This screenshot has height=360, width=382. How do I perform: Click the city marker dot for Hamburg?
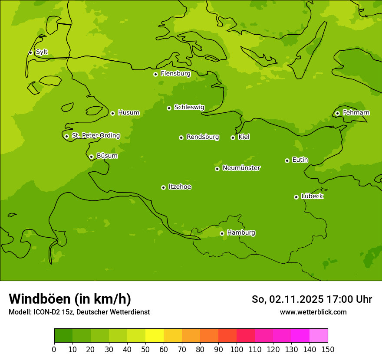click(x=222, y=233)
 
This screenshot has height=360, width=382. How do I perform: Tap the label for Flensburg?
click(x=175, y=74)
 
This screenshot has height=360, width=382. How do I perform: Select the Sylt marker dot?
click(x=30, y=52)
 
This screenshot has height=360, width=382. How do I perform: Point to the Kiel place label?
click(x=244, y=137)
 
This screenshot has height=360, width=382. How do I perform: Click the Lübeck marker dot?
click(x=296, y=197)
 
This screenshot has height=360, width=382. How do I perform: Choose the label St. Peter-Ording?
click(x=95, y=136)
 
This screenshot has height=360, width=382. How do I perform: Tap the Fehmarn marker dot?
click(x=337, y=113)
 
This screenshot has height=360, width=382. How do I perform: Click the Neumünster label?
click(x=241, y=168)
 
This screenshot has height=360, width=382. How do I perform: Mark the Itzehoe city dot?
click(x=163, y=187)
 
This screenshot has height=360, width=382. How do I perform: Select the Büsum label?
click(x=107, y=156)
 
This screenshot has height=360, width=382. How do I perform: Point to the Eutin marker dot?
click(x=287, y=160)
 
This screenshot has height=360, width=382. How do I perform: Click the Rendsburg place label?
click(x=202, y=137)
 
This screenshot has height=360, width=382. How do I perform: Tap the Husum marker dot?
click(x=112, y=113)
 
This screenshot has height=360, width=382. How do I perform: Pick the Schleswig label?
click(x=189, y=107)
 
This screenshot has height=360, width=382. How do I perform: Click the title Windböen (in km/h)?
click(x=70, y=299)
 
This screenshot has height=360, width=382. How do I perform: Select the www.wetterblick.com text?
click(x=313, y=312)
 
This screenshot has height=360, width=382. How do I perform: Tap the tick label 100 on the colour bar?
click(x=237, y=349)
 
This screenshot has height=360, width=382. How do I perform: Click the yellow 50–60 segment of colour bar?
click(x=155, y=336)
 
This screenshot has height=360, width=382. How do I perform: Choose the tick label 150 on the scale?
click(x=327, y=349)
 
